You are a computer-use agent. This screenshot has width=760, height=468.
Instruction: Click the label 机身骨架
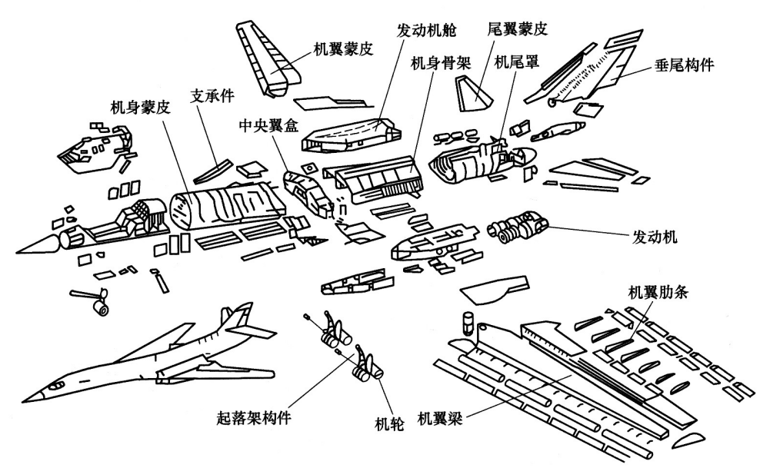(442, 61)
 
